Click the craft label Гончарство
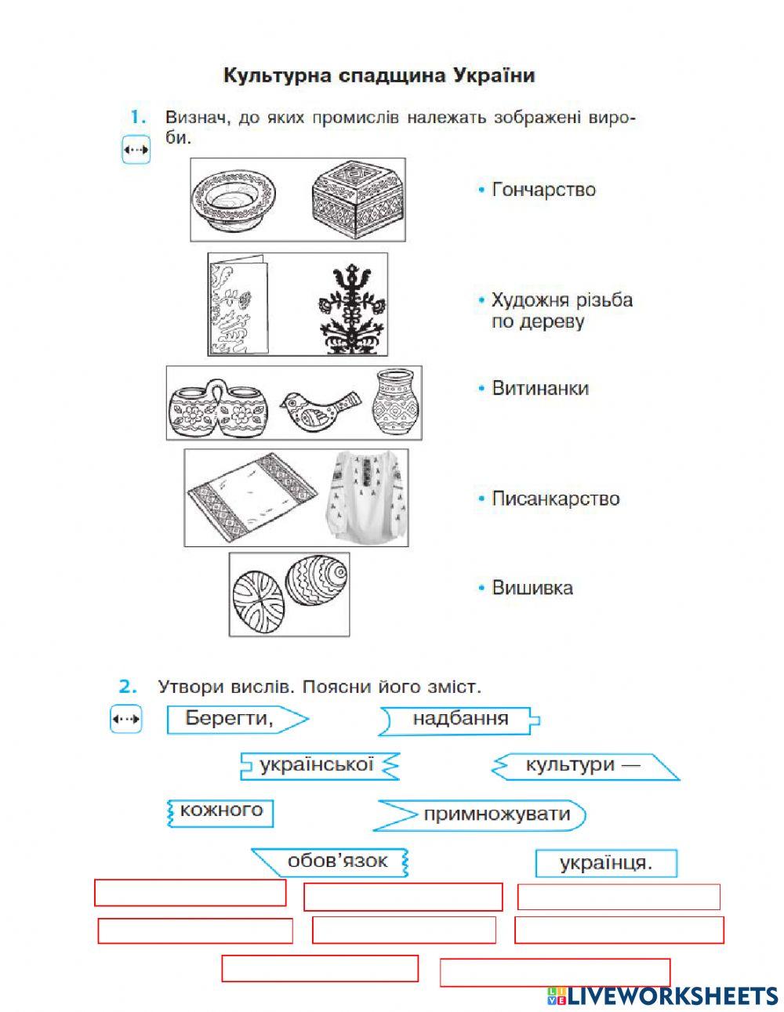(543, 190)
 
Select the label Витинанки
(539, 388)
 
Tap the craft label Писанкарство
(555, 499)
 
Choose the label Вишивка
(532, 588)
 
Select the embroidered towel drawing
(252, 498)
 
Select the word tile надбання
(460, 719)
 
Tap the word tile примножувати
(496, 814)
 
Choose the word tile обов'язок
(337, 861)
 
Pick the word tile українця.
(605, 863)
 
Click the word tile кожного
(221, 810)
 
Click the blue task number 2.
(128, 687)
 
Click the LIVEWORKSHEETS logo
(662, 996)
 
